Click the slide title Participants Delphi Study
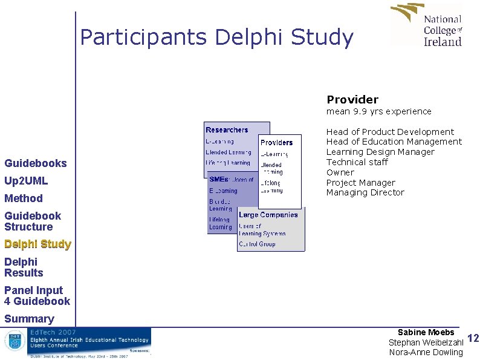click(216, 38)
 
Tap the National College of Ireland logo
click(427, 25)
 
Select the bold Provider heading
click(352, 100)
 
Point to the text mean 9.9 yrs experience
click(379, 111)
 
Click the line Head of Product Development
click(390, 132)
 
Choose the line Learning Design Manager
click(380, 152)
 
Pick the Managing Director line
click(365, 192)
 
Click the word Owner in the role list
click(340, 172)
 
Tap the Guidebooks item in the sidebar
click(36, 163)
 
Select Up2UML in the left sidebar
click(26, 181)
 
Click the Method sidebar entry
click(24, 198)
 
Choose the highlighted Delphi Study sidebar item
click(37, 244)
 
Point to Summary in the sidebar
click(29, 319)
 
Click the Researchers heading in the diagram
click(227, 130)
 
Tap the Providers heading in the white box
click(276, 143)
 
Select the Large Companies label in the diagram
click(268, 215)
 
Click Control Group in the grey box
click(257, 244)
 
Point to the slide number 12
click(473, 339)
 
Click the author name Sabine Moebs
click(426, 333)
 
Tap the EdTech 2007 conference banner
click(77, 343)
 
